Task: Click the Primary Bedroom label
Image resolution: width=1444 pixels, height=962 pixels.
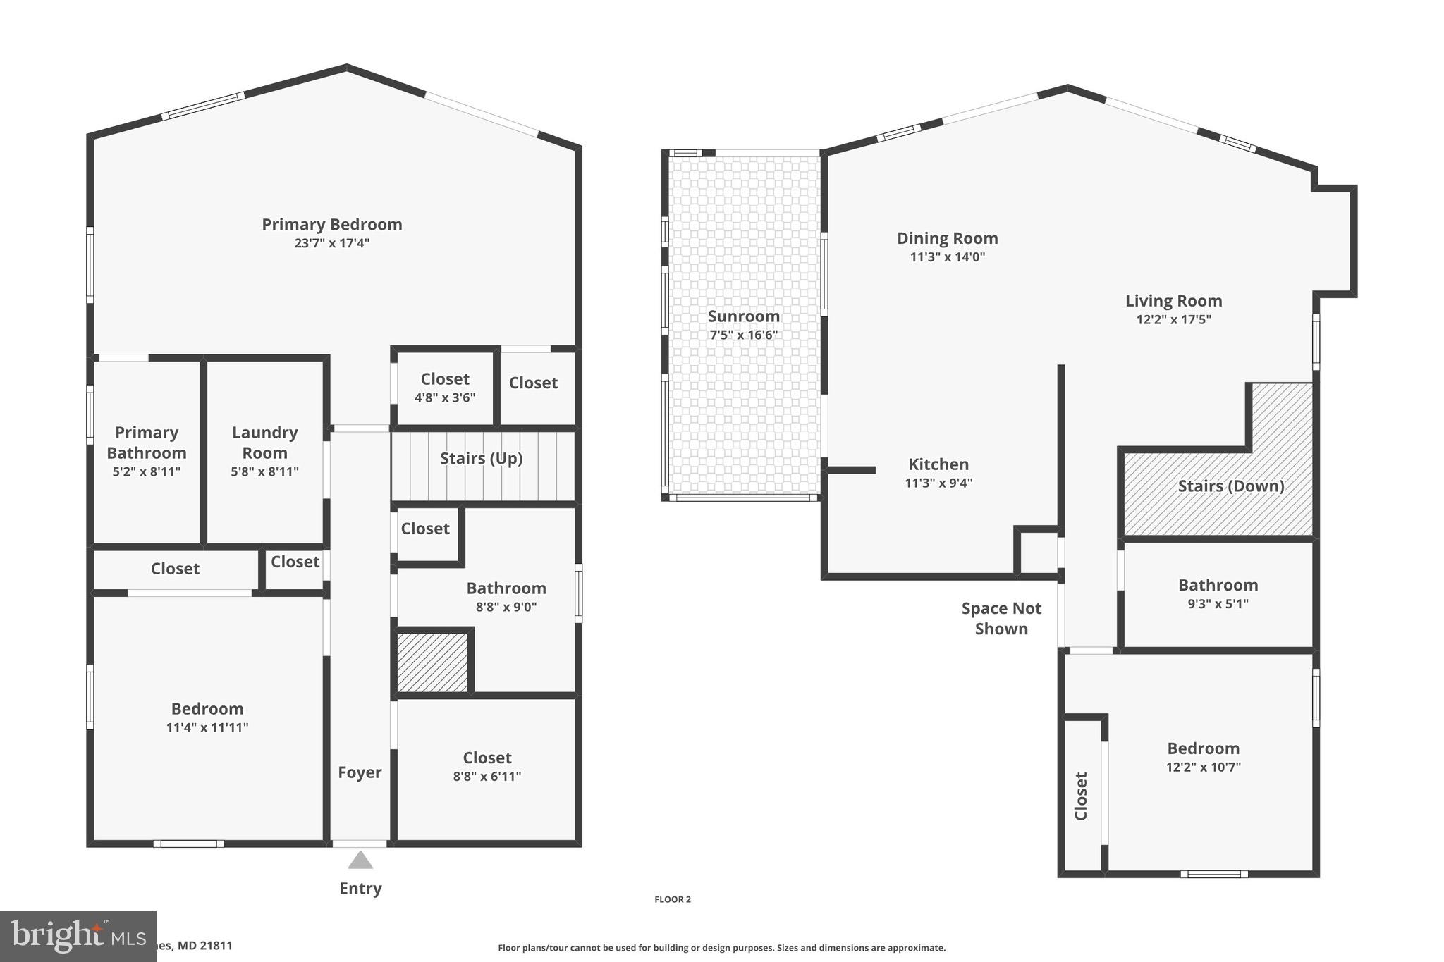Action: click(x=332, y=225)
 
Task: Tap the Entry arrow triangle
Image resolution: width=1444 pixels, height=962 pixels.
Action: click(x=360, y=861)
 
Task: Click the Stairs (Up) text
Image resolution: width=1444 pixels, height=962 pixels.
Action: click(x=481, y=458)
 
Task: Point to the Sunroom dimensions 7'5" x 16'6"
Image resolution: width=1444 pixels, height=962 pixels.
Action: click(x=743, y=335)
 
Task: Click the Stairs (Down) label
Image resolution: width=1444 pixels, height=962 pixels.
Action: click(x=1230, y=486)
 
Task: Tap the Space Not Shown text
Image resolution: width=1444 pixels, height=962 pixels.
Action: click(x=1001, y=618)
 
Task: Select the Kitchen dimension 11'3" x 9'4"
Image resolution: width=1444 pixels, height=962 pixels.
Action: click(x=938, y=483)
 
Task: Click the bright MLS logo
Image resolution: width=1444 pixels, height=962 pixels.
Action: click(x=78, y=936)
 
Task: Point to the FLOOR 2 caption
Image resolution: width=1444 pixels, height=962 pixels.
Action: click(x=673, y=899)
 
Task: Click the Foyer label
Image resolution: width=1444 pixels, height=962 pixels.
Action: click(x=360, y=772)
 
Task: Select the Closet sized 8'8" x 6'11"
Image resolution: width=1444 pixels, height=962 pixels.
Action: click(x=487, y=766)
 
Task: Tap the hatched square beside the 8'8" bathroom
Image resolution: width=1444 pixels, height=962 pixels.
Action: click(x=432, y=662)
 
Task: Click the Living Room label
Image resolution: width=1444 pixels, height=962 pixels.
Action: click(x=1173, y=301)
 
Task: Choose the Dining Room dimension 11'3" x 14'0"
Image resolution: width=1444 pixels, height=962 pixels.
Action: click(x=947, y=257)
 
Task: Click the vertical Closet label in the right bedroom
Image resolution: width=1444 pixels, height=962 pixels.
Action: click(x=1081, y=796)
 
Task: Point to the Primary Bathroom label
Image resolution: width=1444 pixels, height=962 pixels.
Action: click(x=147, y=442)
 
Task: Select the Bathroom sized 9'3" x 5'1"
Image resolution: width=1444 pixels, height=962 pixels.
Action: click(x=1218, y=593)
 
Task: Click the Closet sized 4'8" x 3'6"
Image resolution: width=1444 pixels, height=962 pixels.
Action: click(x=445, y=387)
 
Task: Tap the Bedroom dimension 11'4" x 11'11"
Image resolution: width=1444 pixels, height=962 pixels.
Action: click(x=207, y=727)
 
